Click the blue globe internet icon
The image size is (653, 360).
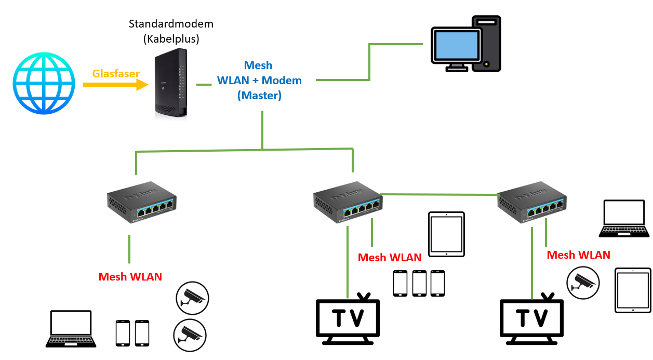pyautogui.click(x=44, y=83)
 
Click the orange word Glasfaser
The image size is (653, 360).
pyautogui.click(x=116, y=74)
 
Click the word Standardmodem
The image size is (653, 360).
pyautogui.click(x=171, y=24)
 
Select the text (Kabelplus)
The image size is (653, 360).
pyautogui.click(x=171, y=38)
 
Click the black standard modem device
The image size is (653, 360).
pyautogui.click(x=170, y=83)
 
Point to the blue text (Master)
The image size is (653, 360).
pyautogui.click(x=259, y=96)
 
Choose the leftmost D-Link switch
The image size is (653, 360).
pyautogui.click(x=141, y=203)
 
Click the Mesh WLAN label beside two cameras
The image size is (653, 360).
pyautogui.click(x=130, y=277)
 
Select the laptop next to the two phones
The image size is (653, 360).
pyautogui.click(x=71, y=329)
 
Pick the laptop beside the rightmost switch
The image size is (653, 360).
pyautogui.click(x=623, y=218)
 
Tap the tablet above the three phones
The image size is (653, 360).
pyautogui.click(x=446, y=234)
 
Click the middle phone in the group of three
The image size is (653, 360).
pyautogui.click(x=419, y=283)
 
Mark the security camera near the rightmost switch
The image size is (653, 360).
pyautogui.click(x=583, y=283)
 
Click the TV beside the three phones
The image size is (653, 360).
pyautogui.click(x=348, y=319)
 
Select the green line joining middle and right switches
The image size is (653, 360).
pyautogui.click(x=439, y=194)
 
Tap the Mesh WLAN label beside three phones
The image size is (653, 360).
pyautogui.click(x=390, y=258)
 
